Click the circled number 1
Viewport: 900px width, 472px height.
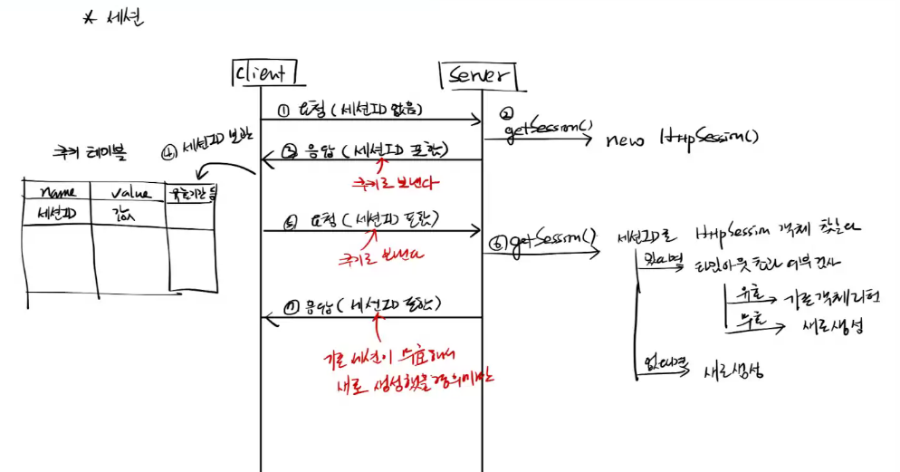coord(283,111)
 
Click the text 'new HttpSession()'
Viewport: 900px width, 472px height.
coord(681,139)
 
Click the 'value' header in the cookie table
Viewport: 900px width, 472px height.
coord(129,192)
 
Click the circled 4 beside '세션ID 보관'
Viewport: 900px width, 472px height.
coord(170,151)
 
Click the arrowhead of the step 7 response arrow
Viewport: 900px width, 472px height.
coord(267,317)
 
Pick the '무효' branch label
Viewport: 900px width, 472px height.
coord(744,319)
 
